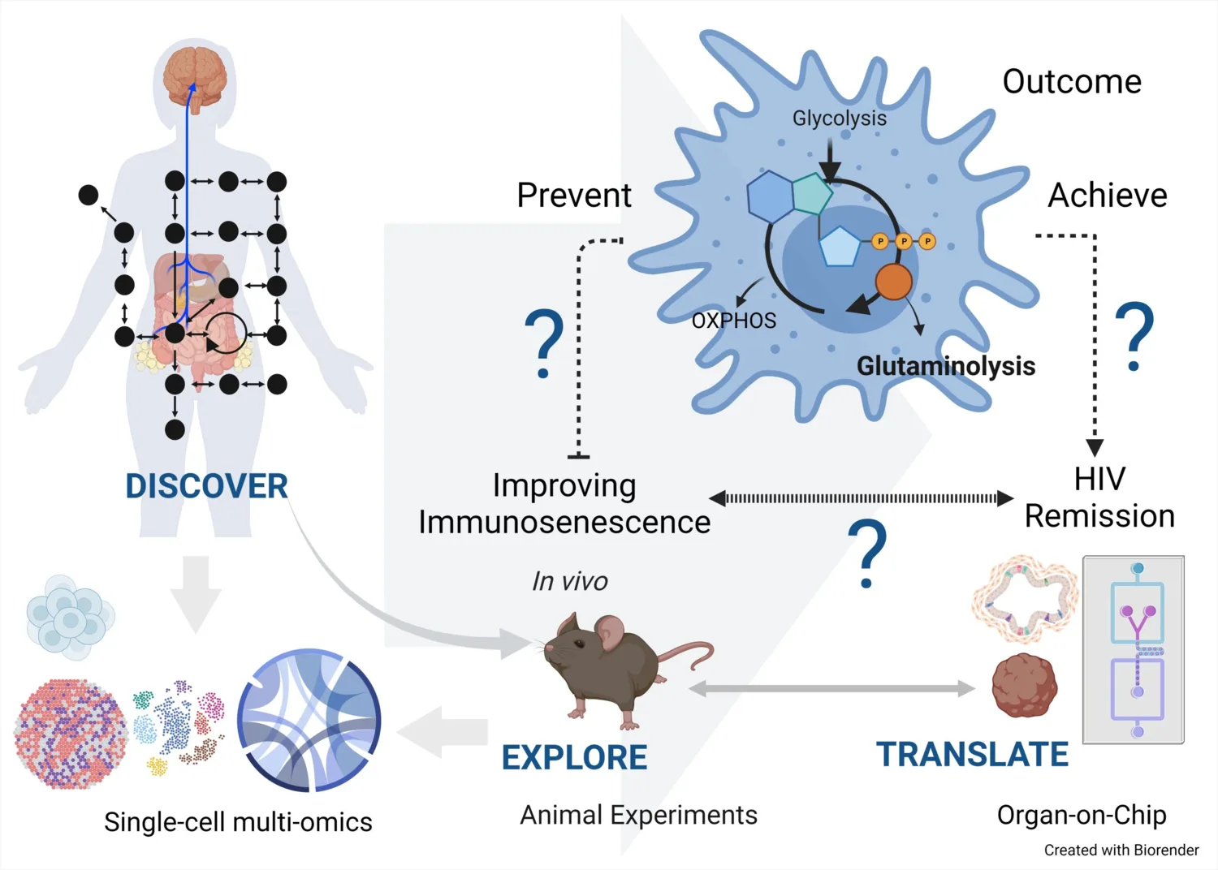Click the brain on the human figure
[194, 75]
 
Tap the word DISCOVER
[206, 486]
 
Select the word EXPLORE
[574, 757]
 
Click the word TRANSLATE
[972, 754]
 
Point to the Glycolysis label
[839, 118]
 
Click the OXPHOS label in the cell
[733, 321]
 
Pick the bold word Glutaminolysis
[945, 366]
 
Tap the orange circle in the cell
[893, 282]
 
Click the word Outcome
[1072, 82]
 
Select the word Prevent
[574, 196]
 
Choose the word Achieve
[1107, 196]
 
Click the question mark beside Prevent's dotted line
[544, 344]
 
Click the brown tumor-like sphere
[1025, 686]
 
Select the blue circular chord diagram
[309, 720]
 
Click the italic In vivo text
[569, 581]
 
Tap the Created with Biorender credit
[1121, 850]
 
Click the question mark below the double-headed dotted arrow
[866, 554]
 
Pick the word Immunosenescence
[564, 522]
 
